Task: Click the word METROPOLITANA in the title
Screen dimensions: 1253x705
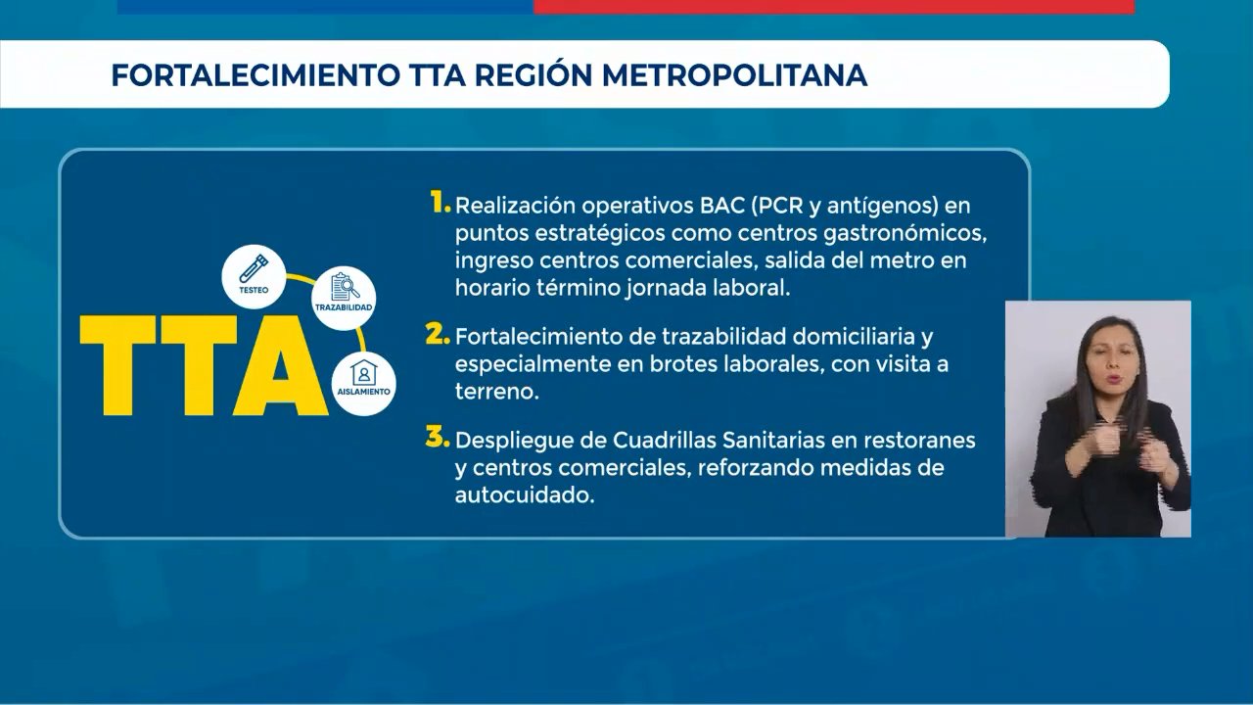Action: point(734,75)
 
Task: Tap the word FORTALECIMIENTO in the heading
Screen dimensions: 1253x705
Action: point(255,75)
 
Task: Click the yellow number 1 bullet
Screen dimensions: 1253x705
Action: point(441,202)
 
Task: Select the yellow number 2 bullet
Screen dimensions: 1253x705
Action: point(438,334)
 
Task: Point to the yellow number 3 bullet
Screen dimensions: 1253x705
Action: point(438,437)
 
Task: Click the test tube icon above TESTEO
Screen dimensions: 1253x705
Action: point(254,268)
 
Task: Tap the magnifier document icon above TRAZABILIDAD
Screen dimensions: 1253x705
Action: point(345,287)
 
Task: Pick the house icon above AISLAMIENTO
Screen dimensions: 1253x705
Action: point(363,372)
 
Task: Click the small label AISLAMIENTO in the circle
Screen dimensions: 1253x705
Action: point(363,392)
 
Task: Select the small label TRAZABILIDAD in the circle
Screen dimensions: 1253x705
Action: point(344,307)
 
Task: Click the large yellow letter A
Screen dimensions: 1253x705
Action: point(281,365)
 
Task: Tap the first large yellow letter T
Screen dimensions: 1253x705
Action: point(117,365)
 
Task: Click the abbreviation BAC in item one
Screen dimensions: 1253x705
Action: point(721,206)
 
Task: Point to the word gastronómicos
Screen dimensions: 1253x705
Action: point(905,234)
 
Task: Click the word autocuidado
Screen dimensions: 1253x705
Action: point(524,495)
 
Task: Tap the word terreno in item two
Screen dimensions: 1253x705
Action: point(496,392)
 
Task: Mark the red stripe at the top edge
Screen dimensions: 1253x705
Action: point(834,6)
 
